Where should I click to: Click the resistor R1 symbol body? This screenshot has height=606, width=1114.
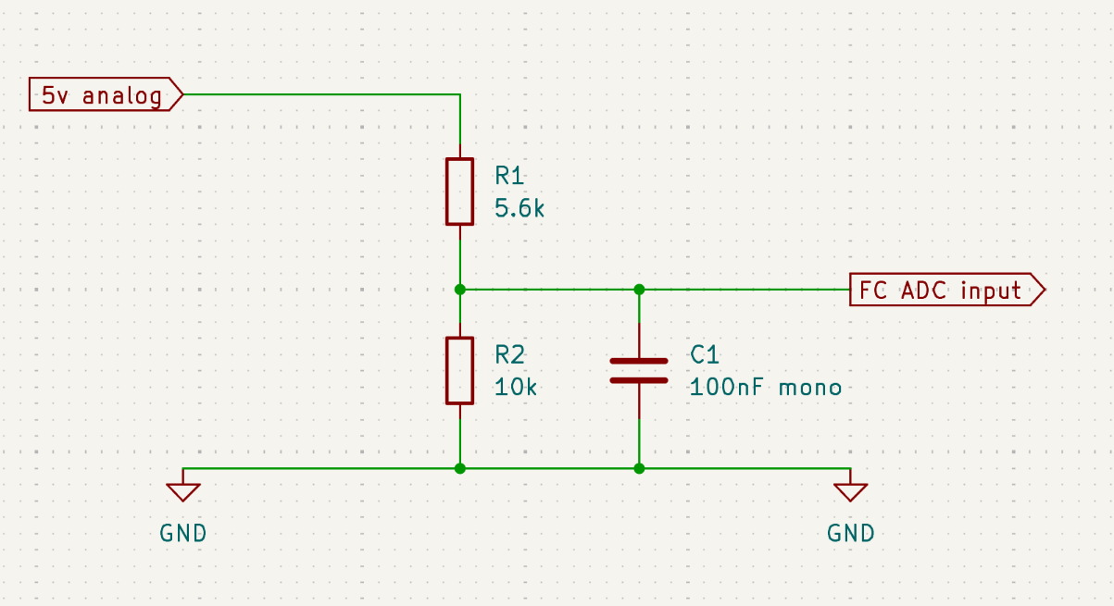(459, 192)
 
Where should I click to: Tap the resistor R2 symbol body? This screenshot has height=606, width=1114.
(459, 370)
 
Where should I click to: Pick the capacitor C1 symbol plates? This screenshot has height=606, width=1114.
(639, 370)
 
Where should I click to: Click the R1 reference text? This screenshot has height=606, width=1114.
(509, 175)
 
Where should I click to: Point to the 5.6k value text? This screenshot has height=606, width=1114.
(519, 209)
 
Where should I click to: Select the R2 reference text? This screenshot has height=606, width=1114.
(509, 354)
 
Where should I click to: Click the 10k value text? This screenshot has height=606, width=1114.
(515, 388)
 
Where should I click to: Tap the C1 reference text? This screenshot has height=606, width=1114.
(705, 354)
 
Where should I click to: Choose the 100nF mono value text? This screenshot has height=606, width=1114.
(766, 388)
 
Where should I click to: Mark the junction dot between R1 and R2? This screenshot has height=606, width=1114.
(459, 290)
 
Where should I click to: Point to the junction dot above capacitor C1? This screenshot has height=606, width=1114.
(639, 290)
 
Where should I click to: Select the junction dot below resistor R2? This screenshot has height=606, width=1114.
(459, 468)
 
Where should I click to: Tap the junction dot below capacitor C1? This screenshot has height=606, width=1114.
(639, 468)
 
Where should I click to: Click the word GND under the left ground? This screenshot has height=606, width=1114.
(183, 533)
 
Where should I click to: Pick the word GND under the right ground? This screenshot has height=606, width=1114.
(850, 533)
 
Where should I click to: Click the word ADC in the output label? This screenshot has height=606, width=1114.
(924, 290)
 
